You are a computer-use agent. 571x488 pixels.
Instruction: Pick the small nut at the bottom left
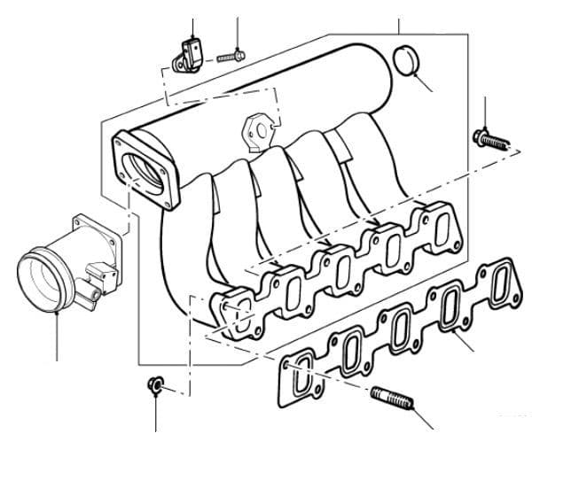pyautogui.click(x=153, y=384)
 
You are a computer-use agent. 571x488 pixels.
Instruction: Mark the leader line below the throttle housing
pyautogui.click(x=56, y=337)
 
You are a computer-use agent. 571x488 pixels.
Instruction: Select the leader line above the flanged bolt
pyautogui.click(x=486, y=113)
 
